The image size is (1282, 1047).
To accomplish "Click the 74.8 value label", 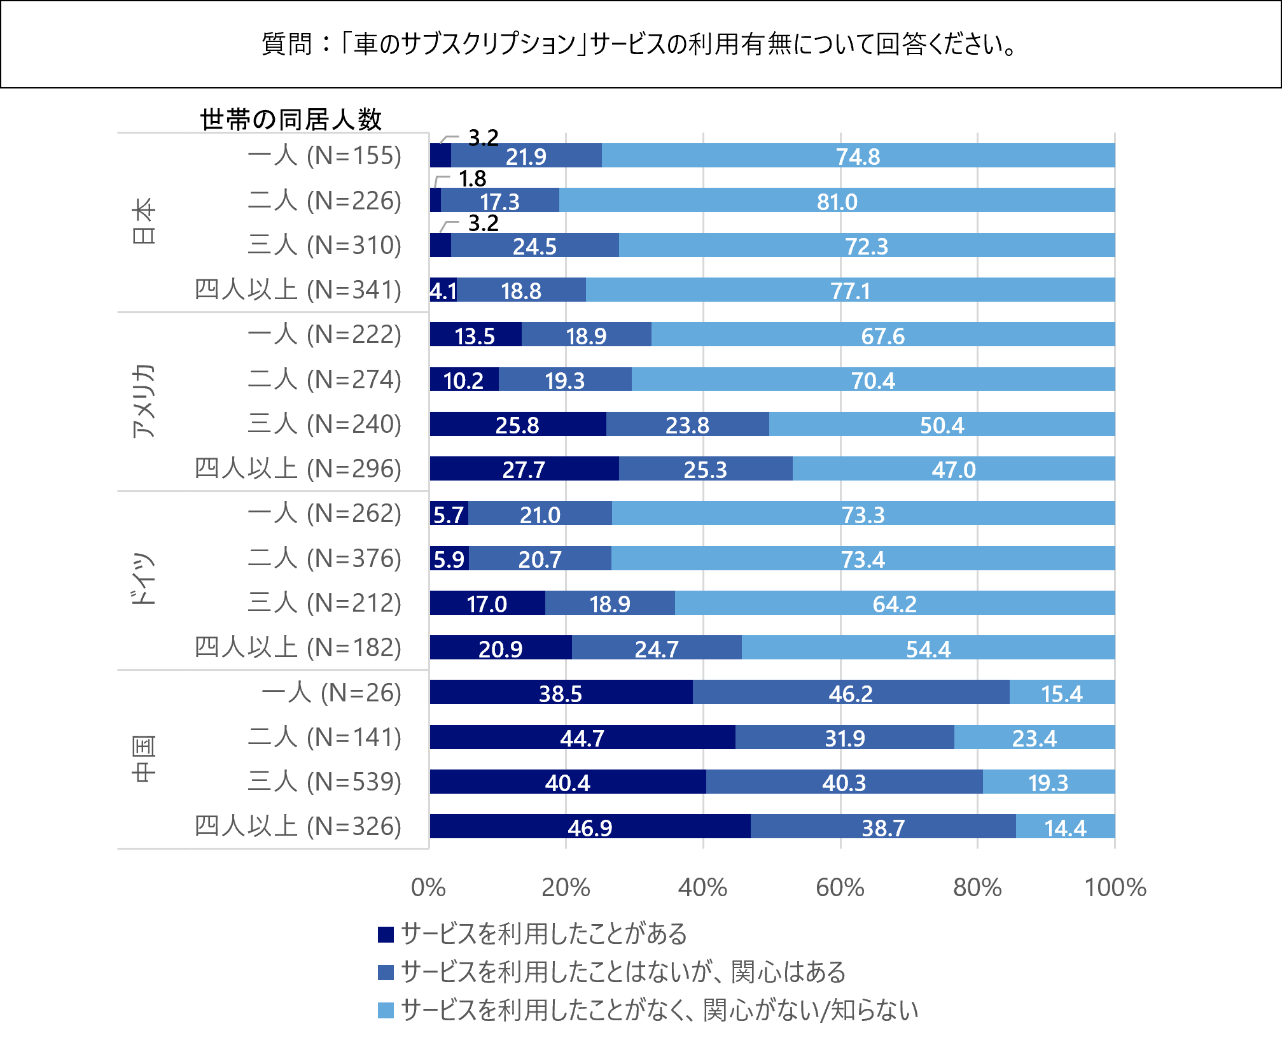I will pos(858,157).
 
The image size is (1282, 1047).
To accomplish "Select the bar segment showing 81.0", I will pos(837,201).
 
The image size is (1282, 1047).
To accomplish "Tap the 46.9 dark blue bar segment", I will pos(590,827).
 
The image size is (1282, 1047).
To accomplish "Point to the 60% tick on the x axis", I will pos(840,887).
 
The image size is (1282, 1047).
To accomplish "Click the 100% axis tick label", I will pos(1115,887).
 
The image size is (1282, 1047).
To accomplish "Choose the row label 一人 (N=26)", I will pos(331,692).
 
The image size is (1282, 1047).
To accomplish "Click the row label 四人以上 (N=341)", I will pos(298,290).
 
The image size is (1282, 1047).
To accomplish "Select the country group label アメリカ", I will pos(144,402).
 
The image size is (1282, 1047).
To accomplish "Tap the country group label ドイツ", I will pos(144,580).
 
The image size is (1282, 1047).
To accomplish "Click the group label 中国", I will pos(144,759).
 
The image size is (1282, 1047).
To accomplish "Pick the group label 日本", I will pos(144,221).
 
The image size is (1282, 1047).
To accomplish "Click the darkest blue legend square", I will pos(386,934).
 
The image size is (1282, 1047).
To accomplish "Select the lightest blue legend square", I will pos(386,1010).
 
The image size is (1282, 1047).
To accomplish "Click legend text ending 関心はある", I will pos(624,972).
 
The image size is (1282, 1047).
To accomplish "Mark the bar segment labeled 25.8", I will pos(517,425).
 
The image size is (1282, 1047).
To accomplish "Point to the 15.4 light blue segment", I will pos(1061,693).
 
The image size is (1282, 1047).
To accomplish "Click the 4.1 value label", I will pos(443,291).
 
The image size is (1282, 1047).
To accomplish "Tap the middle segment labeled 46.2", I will pos(850,693).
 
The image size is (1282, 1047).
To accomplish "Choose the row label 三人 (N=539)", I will pos(324,782).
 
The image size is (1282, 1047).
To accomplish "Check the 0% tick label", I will pos(428,887).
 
